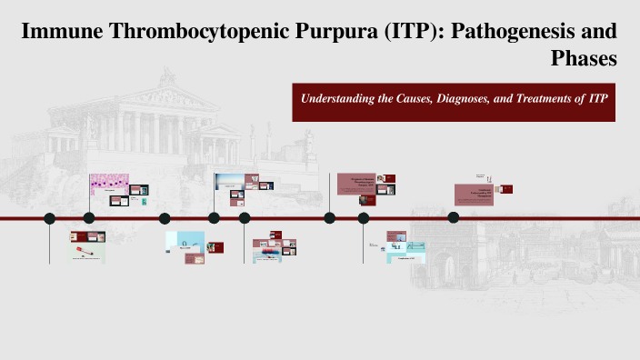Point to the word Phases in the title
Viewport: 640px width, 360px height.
[x=585, y=59]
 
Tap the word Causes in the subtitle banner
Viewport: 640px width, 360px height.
[x=414, y=97]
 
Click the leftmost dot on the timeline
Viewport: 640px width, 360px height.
[x=50, y=218]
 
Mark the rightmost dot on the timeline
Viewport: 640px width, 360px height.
[x=454, y=216]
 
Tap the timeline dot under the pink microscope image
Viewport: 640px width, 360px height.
[x=89, y=218]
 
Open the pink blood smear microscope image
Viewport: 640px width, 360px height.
[x=108, y=185]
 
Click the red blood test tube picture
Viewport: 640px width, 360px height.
[x=83, y=247]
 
